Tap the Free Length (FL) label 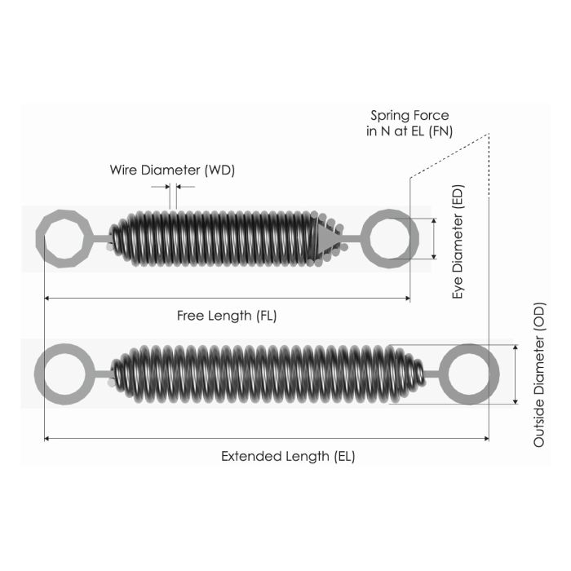click(x=227, y=316)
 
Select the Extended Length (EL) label click(x=288, y=456)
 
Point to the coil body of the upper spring click(x=216, y=239)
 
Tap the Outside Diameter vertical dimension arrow click(x=516, y=374)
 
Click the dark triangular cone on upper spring click(x=325, y=239)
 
